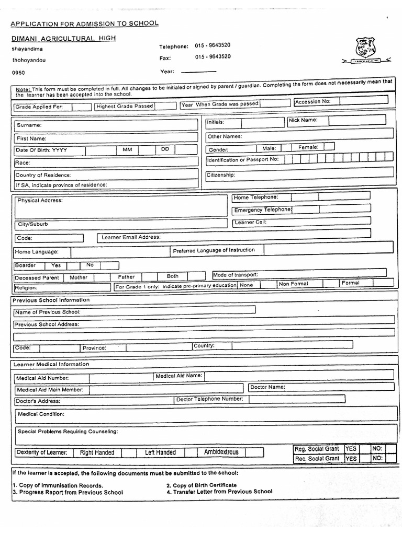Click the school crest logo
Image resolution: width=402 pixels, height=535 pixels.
coord(365,48)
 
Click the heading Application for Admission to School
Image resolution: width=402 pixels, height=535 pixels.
coord(84,24)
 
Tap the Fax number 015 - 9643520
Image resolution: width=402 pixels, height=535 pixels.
coord(213,57)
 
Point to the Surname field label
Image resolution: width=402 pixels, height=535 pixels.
coord(29,125)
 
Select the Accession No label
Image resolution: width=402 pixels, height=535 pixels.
coord(312,102)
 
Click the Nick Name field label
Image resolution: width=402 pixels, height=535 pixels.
coord(303,120)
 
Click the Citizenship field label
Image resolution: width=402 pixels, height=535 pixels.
coord(221,175)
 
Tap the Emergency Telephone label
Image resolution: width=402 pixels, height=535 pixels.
coord(262,210)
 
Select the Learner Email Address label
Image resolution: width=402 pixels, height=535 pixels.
coord(131,237)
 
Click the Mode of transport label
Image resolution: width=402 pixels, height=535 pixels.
coord(236,275)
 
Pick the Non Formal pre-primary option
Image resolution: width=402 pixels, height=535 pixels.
coord(293,284)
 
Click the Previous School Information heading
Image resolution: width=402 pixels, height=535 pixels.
coord(51,300)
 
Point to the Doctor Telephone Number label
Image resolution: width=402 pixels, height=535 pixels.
coord(209,399)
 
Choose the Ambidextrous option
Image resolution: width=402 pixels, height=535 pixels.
coord(221,452)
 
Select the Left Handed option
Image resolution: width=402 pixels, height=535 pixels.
coord(160,453)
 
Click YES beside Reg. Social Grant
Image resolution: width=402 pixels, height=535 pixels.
coord(351,449)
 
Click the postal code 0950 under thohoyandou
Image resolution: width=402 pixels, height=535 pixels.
coord(18,73)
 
